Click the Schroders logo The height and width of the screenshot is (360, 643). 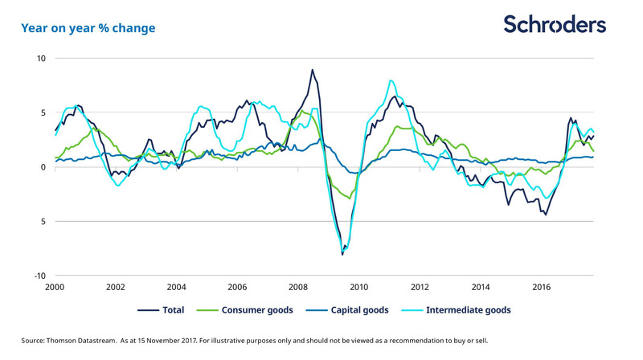[x=555, y=24]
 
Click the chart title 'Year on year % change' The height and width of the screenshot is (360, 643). [x=88, y=28]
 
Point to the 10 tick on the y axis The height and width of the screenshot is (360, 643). [x=41, y=59]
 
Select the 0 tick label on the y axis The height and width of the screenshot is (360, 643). [x=43, y=167]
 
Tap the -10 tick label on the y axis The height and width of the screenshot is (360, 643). [x=40, y=276]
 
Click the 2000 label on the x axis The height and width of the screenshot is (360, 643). [x=55, y=287]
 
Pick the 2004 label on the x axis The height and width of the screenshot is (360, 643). [x=177, y=287]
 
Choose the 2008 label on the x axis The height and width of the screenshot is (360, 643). [x=298, y=287]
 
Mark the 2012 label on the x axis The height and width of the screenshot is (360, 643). [x=420, y=287]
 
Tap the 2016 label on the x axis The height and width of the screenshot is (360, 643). [x=542, y=287]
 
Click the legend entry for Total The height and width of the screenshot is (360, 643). [x=165, y=309]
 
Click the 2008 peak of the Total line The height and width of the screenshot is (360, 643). [x=312, y=70]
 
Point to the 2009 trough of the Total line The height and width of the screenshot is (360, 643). [x=342, y=254]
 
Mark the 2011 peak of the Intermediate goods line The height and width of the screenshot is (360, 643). [x=391, y=80]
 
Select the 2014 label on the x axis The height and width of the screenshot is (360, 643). [x=481, y=287]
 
